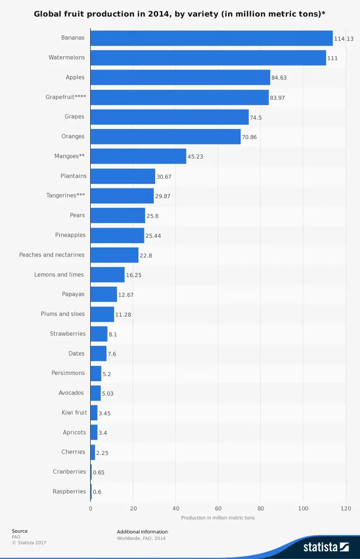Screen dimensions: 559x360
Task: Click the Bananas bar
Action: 211,38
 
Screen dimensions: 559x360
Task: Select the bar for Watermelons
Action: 208,58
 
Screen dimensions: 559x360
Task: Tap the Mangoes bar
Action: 138,156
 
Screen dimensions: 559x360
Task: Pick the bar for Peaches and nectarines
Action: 114,255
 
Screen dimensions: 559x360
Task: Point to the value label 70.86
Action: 249,137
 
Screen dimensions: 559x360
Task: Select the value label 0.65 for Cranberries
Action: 99,472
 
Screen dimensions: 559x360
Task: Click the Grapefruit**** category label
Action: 66,97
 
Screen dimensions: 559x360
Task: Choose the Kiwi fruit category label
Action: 74,413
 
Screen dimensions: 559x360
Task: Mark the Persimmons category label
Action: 68,373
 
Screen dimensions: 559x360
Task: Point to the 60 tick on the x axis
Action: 218,508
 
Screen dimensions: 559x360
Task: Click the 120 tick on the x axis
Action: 345,508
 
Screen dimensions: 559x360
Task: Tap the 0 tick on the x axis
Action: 90,508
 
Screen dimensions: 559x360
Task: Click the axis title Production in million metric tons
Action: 218,518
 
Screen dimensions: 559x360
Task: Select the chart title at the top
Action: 180,14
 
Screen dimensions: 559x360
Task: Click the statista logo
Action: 326,546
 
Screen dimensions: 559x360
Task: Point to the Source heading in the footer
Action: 20,531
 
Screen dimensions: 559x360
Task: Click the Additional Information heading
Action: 143,532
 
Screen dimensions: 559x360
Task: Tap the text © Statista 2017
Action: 29,543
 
